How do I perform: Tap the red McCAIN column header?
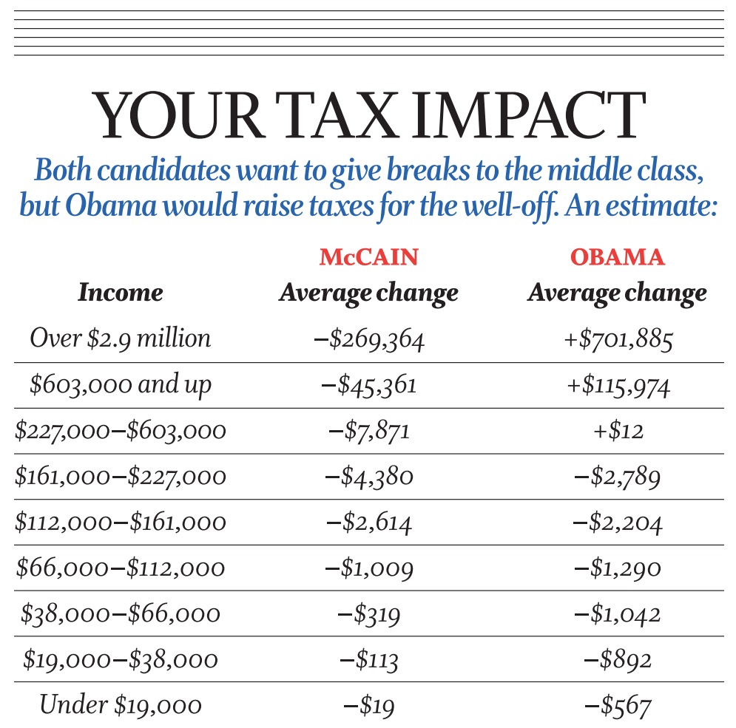[x=368, y=257]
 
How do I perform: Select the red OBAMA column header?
[x=617, y=257]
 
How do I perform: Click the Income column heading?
[x=121, y=293]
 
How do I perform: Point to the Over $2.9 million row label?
[x=121, y=339]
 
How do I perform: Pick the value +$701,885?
[x=617, y=340]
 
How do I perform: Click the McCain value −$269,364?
[x=368, y=340]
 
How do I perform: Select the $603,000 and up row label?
[x=121, y=385]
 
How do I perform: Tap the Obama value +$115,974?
[x=617, y=386]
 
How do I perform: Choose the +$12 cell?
[x=617, y=431]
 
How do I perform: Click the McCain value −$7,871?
[x=368, y=431]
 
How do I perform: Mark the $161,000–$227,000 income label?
[x=121, y=477]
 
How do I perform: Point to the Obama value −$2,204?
[x=617, y=523]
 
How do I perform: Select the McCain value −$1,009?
[x=368, y=568]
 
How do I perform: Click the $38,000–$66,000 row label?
[x=121, y=613]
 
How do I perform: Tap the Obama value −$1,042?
[x=617, y=614]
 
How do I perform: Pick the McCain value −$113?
[x=368, y=660]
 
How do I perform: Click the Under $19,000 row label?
[x=121, y=705]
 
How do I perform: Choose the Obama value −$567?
[x=617, y=706]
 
